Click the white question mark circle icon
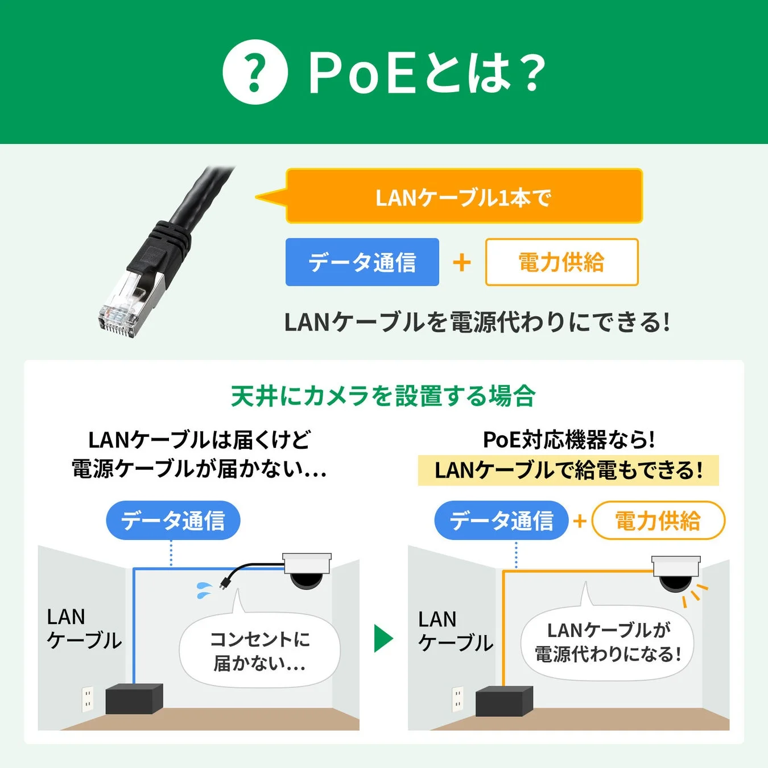coord(255,72)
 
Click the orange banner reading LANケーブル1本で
coord(464,196)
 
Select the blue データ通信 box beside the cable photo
coord(362,262)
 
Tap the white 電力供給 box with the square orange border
coord(561,262)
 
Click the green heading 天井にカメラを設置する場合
coord(383,396)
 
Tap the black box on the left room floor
coord(134,699)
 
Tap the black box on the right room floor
coord(504,701)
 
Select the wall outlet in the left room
coord(87,699)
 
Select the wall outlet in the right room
coord(457,700)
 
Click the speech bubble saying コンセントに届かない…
coord(259,651)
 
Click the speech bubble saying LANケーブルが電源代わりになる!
coord(608,643)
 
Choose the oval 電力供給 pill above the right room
coord(658,521)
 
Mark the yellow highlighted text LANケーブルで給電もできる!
coord(568,470)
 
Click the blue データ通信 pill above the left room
coord(173,521)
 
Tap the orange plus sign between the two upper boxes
coord(462,262)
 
